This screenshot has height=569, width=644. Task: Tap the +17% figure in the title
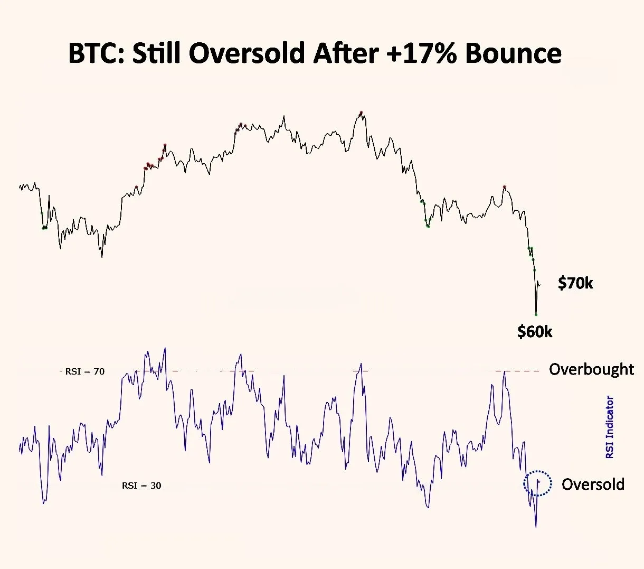[x=421, y=53]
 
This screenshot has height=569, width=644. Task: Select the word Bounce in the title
[x=514, y=53]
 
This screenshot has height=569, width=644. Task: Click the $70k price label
[x=575, y=284]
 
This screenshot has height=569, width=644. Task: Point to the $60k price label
[x=535, y=332]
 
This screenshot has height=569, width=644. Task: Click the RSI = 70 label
[x=84, y=371]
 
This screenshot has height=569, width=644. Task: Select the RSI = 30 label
[x=141, y=486]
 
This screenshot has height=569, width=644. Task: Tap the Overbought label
[x=591, y=369]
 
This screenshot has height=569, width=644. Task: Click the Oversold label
[x=593, y=484]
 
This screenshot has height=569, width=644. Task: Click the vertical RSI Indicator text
[x=610, y=427]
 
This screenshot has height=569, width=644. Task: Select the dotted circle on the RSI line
[x=537, y=483]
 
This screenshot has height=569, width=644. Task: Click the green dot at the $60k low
[x=536, y=314]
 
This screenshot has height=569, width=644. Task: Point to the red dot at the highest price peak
[x=361, y=113]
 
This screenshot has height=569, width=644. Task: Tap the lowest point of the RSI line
[x=536, y=527]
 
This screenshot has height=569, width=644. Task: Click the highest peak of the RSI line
[x=165, y=348]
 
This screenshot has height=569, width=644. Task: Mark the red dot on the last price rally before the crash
[x=505, y=187]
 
